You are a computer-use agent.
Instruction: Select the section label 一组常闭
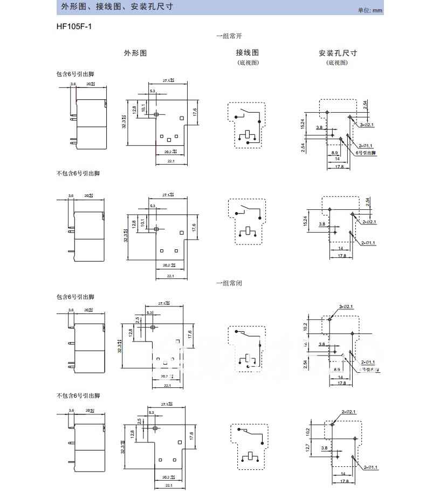tap(227, 283)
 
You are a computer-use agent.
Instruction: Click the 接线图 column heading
tap(247, 53)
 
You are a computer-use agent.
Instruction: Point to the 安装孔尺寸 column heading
tap(338, 53)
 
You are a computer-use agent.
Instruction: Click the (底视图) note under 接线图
tap(248, 63)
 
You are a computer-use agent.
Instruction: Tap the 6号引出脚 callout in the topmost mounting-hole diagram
tap(366, 153)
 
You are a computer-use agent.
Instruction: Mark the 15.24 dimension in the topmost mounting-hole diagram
tap(303, 124)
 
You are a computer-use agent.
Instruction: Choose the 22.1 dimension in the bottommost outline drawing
tap(170, 485)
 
